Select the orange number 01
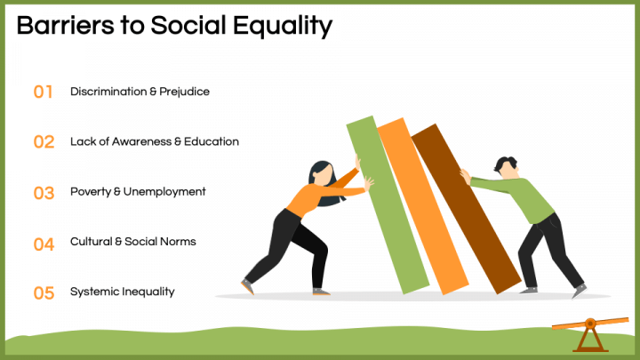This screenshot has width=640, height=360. coord(44,92)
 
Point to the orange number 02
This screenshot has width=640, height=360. coord(44,141)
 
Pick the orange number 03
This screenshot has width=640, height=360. coord(44,192)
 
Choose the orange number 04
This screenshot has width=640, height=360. coord(44,243)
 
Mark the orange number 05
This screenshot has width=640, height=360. coord(44,292)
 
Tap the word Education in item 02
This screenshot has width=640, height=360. coord(211,141)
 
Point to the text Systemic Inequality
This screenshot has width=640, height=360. coord(122,292)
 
